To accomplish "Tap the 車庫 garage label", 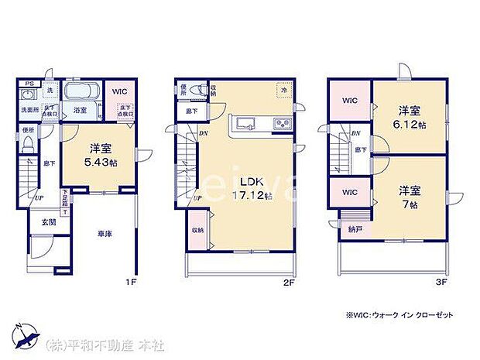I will click(105, 233).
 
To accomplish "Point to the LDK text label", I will click(247, 183).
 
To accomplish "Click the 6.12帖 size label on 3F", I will click(408, 124).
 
